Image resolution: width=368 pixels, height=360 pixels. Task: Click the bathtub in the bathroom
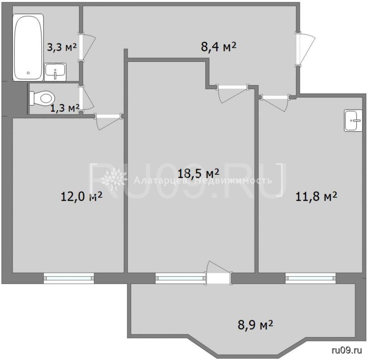click(28, 47)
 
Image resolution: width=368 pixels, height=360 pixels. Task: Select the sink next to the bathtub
click(55, 72)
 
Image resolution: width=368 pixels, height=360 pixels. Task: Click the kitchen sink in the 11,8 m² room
click(353, 120)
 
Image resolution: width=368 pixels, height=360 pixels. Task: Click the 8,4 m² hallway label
click(218, 47)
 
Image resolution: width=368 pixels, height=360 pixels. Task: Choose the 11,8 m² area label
click(316, 197)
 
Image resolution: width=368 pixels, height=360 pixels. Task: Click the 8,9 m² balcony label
click(256, 325)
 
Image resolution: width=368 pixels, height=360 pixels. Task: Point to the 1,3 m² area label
click(65, 108)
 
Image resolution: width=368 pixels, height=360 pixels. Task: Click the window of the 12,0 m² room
click(69, 278)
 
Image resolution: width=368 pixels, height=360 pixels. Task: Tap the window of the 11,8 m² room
click(310, 278)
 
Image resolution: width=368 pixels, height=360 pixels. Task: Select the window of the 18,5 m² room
click(180, 278)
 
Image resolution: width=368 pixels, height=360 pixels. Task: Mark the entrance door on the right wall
click(305, 50)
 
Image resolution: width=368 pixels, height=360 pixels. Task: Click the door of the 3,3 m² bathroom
click(87, 47)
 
